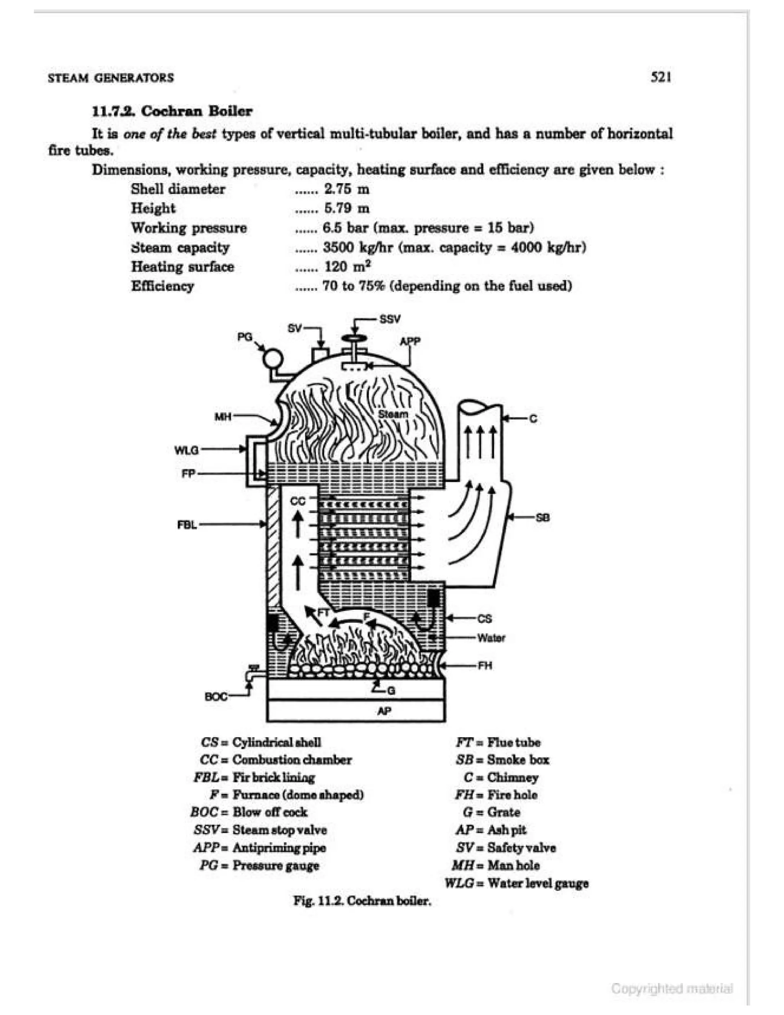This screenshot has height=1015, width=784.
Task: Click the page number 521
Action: (661, 77)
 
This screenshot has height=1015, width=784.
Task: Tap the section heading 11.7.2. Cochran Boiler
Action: (172, 111)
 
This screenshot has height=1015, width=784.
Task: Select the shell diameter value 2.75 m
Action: (346, 189)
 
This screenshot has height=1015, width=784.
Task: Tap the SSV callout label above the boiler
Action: (390, 319)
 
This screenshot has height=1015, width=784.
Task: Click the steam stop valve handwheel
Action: (354, 338)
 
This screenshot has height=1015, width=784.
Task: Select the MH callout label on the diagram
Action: (223, 417)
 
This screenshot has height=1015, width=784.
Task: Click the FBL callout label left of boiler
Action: (187, 525)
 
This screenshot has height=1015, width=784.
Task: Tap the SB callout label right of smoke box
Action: (542, 517)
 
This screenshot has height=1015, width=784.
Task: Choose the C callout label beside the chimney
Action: (533, 419)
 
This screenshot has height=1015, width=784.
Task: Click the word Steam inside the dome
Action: (393, 414)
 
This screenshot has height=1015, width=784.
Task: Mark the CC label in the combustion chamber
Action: (298, 501)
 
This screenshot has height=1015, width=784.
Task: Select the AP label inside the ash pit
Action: (385, 710)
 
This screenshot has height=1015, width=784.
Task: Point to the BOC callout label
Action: (216, 697)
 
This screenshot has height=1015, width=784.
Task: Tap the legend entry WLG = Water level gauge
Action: (516, 883)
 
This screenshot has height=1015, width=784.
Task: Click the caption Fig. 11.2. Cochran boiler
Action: (362, 901)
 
